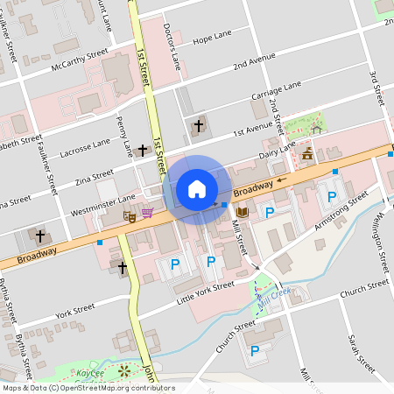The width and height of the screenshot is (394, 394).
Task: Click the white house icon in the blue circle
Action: click(197, 189)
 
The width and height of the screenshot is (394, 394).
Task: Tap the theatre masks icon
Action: click(130, 215)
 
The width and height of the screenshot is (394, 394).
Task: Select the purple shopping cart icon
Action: click(147, 213)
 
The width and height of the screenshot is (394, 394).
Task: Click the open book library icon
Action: click(243, 213)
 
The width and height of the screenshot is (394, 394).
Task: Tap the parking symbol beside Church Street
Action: click(255, 350)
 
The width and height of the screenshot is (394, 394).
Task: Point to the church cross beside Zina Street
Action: click(143, 151)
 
